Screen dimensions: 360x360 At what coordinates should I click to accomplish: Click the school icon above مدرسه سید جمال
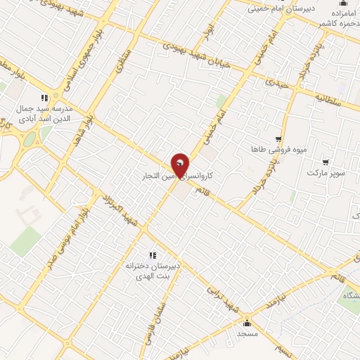click(x=44, y=98)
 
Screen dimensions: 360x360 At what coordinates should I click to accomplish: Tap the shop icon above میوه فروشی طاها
click(x=278, y=139)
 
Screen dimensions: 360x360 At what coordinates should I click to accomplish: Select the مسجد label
click(x=246, y=333)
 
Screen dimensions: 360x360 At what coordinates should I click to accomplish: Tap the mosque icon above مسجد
click(x=247, y=323)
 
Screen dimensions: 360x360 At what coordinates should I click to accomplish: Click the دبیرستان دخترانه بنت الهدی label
click(x=153, y=271)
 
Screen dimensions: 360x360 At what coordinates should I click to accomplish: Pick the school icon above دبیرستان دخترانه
click(x=152, y=255)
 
